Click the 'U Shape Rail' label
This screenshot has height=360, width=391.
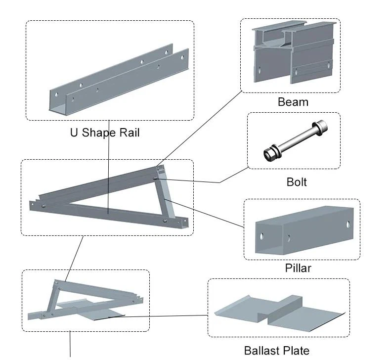(105, 133)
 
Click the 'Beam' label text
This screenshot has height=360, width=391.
(293, 102)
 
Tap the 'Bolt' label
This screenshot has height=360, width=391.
(297, 182)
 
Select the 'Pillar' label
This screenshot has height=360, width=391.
(298, 269)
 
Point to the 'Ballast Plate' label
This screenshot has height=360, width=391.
(276, 351)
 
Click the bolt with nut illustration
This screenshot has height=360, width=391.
(294, 141)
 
